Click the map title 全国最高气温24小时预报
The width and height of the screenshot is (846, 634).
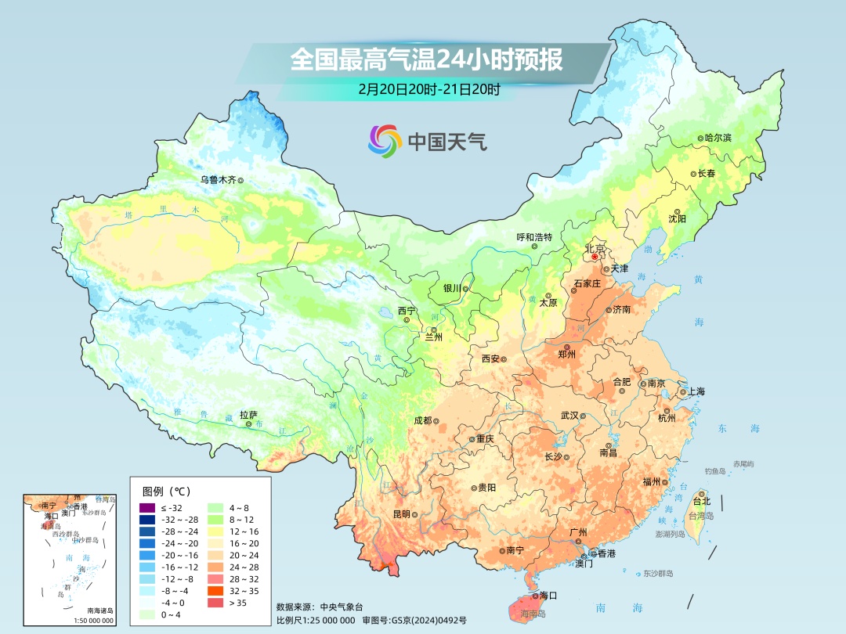pos(426,60)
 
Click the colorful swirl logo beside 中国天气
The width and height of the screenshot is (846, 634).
pos(385,141)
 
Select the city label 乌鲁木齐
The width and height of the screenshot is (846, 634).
pos(217,179)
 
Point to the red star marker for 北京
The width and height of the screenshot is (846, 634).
pos(595,256)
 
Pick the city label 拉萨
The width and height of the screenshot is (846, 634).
pos(248,415)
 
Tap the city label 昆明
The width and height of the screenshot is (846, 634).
pos(402,514)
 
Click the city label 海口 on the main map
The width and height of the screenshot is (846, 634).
pos(548,596)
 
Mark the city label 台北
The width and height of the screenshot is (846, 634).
pos(700,501)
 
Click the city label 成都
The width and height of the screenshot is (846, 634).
pos(422,420)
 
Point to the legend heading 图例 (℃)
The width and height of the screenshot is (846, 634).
pos(165,492)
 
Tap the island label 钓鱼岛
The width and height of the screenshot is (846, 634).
pos(716,471)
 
